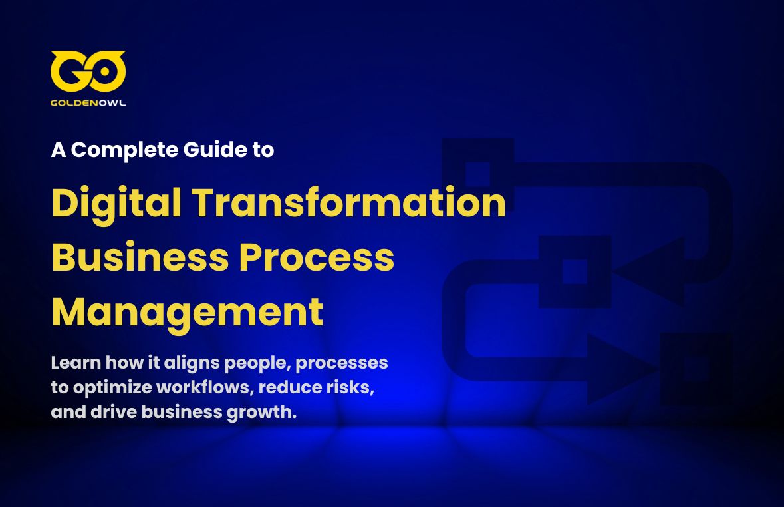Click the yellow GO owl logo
[x=88, y=71]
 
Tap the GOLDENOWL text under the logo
[x=88, y=103]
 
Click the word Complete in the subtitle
[x=124, y=150]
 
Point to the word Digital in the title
[x=116, y=204]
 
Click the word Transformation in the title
[x=349, y=203]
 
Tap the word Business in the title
[x=140, y=257]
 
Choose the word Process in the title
[x=317, y=257]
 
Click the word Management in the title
[x=188, y=313]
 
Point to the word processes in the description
[x=342, y=363]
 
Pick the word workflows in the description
[x=207, y=387]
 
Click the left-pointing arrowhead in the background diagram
[x=649, y=271]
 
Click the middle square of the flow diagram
[x=575, y=271]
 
